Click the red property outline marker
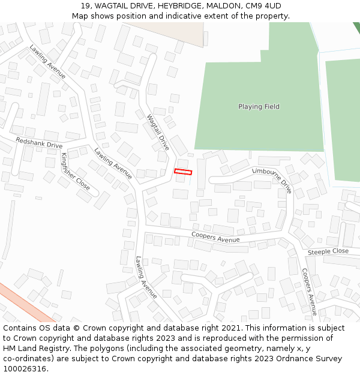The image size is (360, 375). click(x=183, y=172)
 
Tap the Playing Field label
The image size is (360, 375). click(x=259, y=107)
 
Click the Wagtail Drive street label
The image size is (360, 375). click(x=158, y=133)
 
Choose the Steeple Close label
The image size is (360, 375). click(x=328, y=252)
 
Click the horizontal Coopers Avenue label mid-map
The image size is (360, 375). click(x=215, y=237)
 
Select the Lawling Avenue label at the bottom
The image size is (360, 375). click(x=146, y=277)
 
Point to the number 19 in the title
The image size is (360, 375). click(x=85, y=6)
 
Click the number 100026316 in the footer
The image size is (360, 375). click(x=25, y=369)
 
